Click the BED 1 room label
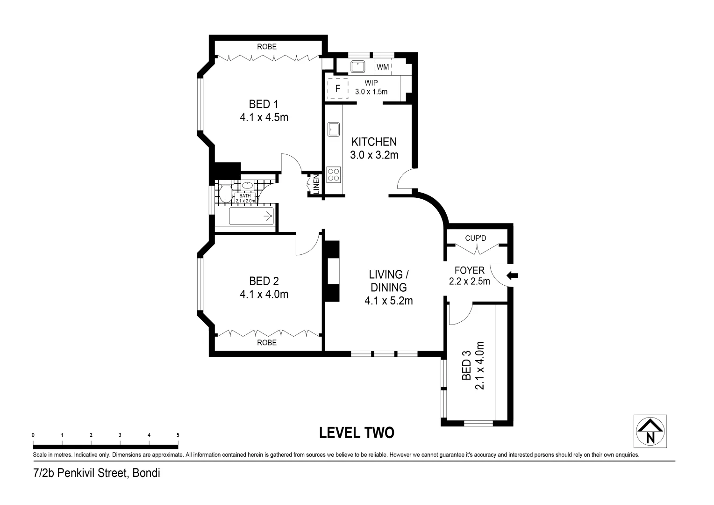(x=263, y=104)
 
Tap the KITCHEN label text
(x=374, y=142)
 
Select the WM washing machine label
(x=383, y=67)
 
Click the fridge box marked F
(x=338, y=88)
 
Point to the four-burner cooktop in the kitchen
(x=334, y=174)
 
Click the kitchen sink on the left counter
(x=334, y=129)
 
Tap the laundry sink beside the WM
(x=358, y=66)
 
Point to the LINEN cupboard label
(x=316, y=184)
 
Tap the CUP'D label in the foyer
(x=475, y=238)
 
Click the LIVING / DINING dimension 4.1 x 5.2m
(x=388, y=301)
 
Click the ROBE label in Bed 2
(x=266, y=343)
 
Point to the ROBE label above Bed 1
(x=266, y=47)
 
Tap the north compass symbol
(x=650, y=431)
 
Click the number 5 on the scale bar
(x=178, y=435)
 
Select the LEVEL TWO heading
(x=357, y=433)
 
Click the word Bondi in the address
(x=146, y=473)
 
